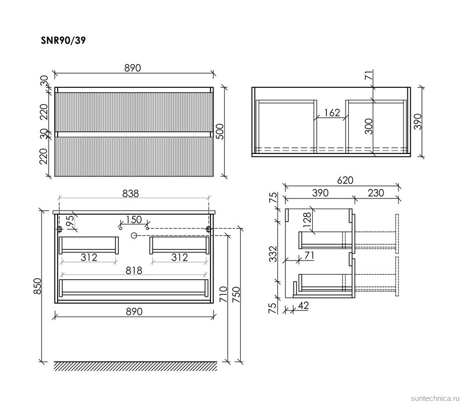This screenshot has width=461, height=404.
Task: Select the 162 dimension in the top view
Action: click(x=332, y=113)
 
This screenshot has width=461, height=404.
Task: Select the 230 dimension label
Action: click(x=376, y=193)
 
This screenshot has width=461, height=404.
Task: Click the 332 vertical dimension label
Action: click(x=273, y=254)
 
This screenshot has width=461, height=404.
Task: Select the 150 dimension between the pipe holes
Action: click(x=134, y=220)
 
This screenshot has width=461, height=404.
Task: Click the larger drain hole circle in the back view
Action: click(x=134, y=235)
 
